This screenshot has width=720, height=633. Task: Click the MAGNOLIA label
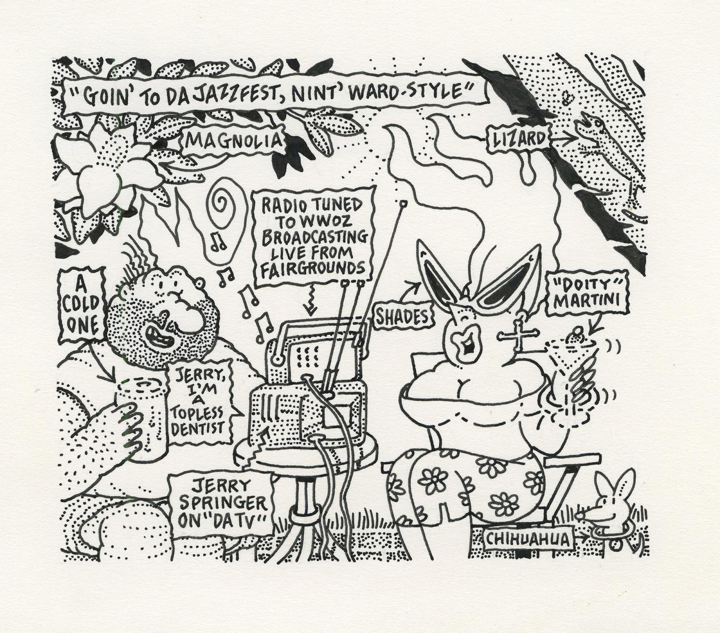[234, 141]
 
